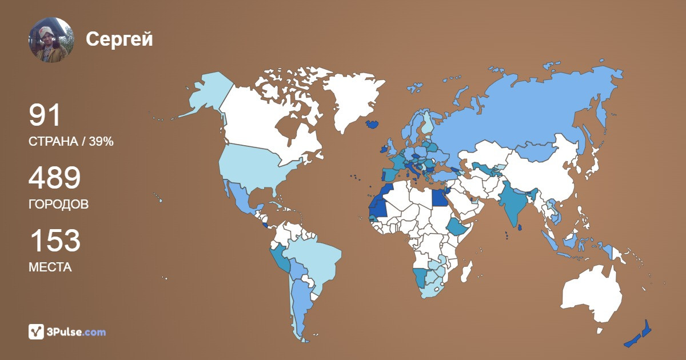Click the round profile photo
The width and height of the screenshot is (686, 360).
(51, 39)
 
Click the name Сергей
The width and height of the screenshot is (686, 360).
(119, 39)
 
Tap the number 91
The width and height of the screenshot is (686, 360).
(45, 115)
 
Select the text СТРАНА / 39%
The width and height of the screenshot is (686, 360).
(71, 142)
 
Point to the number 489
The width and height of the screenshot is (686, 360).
(54, 179)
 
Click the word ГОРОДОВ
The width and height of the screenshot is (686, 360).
(58, 204)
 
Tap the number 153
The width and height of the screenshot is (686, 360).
(54, 241)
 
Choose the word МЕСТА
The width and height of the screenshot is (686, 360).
(50, 267)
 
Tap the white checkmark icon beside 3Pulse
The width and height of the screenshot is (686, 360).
(37, 331)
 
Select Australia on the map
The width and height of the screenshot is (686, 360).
(592, 294)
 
